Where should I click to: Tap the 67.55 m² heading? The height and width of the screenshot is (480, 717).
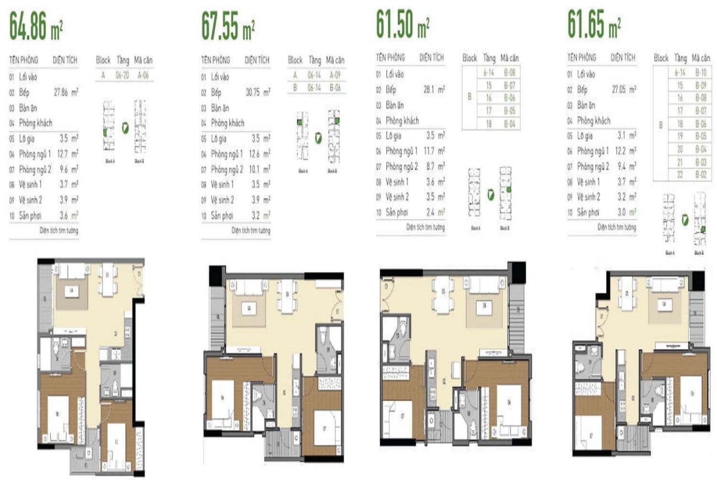[228, 29]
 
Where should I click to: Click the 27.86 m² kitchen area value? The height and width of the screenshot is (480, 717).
[66, 92]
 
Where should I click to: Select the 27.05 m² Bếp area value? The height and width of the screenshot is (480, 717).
[623, 88]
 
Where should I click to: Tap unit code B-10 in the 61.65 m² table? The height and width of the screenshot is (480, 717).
[701, 72]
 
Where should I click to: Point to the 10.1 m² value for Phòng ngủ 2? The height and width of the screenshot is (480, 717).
[262, 169]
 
